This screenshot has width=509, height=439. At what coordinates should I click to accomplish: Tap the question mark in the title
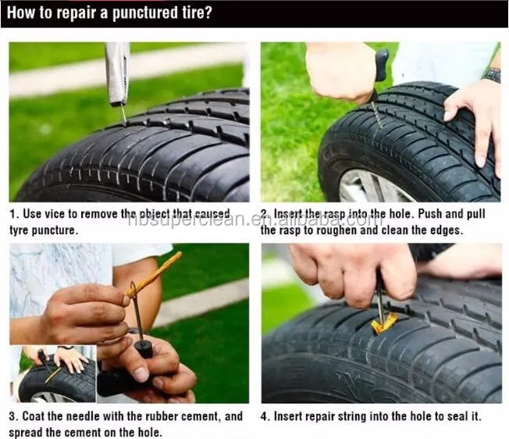(x=208, y=12)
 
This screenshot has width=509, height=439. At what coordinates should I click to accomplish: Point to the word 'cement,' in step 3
(x=201, y=416)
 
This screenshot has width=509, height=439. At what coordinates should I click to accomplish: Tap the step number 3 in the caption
(x=13, y=416)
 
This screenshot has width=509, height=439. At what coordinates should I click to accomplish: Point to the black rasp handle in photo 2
(x=382, y=66)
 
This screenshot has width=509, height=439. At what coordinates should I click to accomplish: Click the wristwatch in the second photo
(x=491, y=76)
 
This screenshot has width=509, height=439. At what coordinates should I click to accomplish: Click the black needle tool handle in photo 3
(x=144, y=349)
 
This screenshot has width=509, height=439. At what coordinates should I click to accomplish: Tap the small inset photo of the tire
(x=53, y=374)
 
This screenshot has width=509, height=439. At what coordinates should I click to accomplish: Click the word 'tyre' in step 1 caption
(x=20, y=230)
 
